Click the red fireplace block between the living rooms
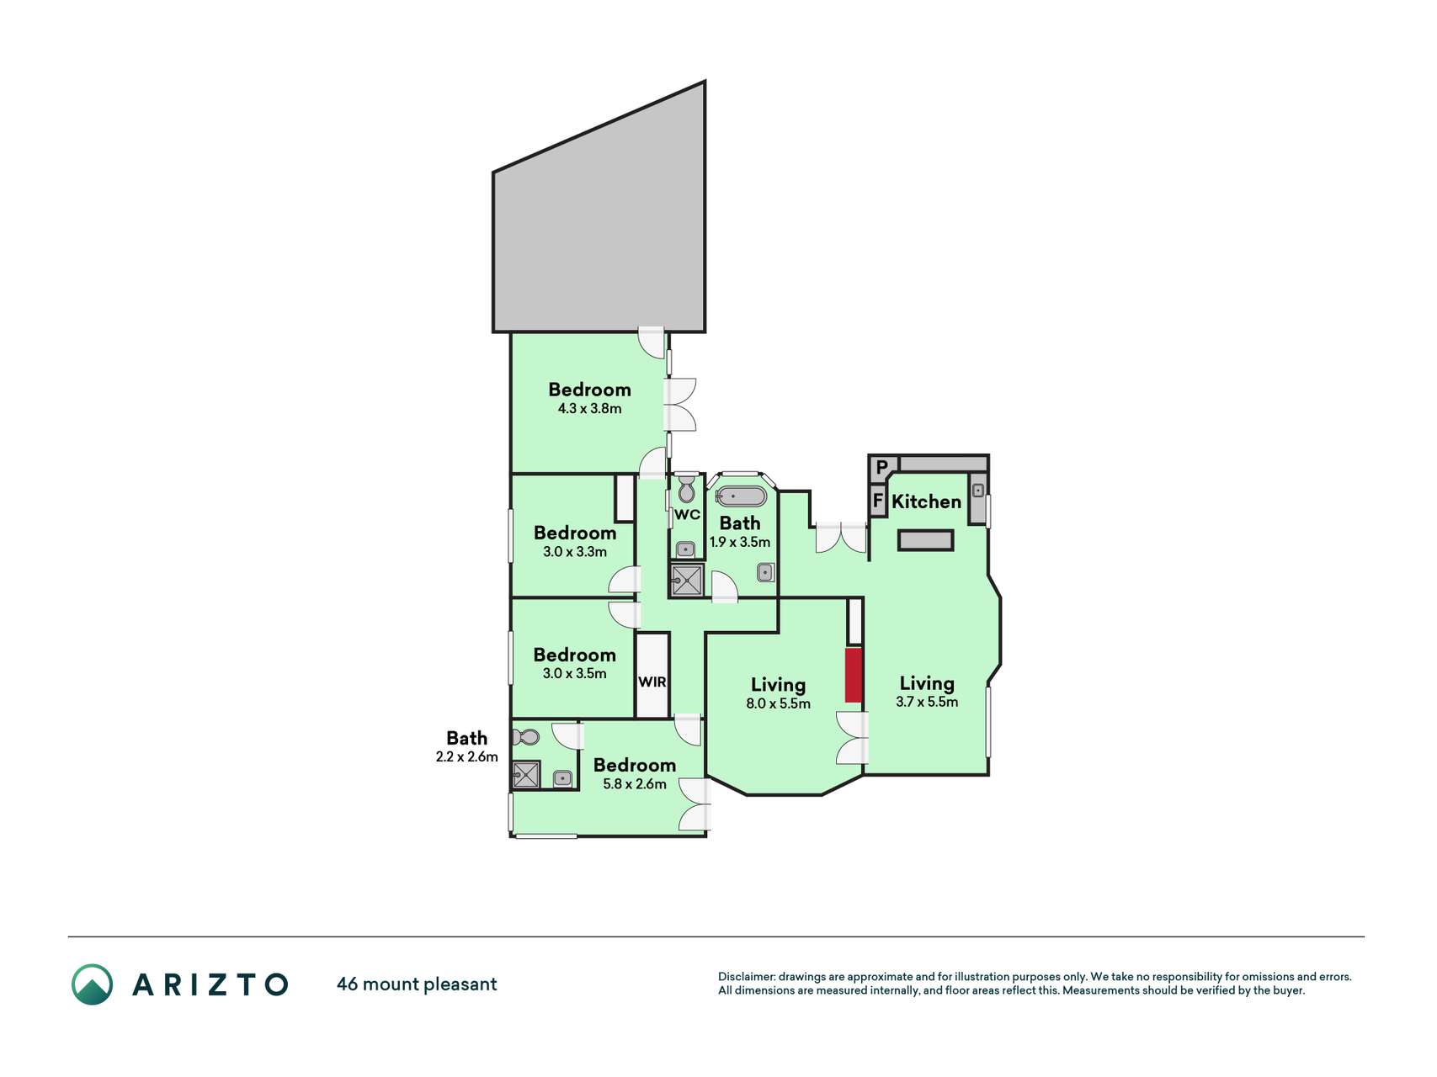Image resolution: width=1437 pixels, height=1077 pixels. coord(854,675)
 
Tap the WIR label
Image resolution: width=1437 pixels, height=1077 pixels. coord(652,682)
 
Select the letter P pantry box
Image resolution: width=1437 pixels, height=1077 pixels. coord(881,467)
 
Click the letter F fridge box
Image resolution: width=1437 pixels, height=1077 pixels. coord(878,501)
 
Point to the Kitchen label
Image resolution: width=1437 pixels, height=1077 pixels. coord(926,501)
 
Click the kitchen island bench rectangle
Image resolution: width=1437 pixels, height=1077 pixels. coord(925,540)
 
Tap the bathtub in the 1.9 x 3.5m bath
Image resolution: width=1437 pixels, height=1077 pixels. coord(741,496)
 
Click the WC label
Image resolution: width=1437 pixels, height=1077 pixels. coord(687,515)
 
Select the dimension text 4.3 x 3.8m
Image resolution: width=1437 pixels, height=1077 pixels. coord(589,409)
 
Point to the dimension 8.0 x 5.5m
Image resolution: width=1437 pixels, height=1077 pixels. coord(778,703)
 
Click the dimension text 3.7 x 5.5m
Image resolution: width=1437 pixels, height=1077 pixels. coord(927,702)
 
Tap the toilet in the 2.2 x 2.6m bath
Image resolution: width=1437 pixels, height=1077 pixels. coord(526,737)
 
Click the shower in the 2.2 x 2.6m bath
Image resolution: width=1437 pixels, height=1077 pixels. coord(526,774)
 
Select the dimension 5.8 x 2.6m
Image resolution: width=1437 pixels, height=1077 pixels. coord(635,784)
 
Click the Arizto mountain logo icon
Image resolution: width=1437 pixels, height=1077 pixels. coord(92,984)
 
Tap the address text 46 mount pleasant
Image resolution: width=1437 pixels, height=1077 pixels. coord(417,984)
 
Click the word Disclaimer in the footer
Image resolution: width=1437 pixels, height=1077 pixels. coord(746,977)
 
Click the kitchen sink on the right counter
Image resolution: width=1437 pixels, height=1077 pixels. coord(978,490)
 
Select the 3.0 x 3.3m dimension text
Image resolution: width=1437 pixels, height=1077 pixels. coord(575,552)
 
